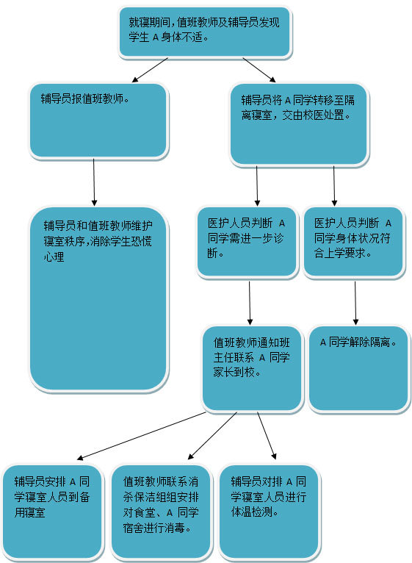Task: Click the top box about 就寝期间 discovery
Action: click(205, 32)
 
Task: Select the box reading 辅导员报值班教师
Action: click(98, 121)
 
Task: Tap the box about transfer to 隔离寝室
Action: click(299, 124)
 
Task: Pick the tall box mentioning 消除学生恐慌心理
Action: click(98, 298)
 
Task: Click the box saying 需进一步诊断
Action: click(247, 242)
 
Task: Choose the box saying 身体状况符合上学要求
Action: click(353, 242)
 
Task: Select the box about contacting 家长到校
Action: click(252, 368)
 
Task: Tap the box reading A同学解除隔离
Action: click(358, 368)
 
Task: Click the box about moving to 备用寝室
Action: click(52, 512)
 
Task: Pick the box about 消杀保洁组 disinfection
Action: click(160, 512)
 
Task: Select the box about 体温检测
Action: click(269, 512)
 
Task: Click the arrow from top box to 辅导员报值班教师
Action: click(150, 70)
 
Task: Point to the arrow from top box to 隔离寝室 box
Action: click(259, 70)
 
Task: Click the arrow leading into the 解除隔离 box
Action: click(355, 303)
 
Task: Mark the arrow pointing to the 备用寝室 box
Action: click(142, 436)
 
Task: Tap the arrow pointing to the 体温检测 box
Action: click(267, 436)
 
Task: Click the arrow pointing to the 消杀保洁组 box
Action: click(212, 436)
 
